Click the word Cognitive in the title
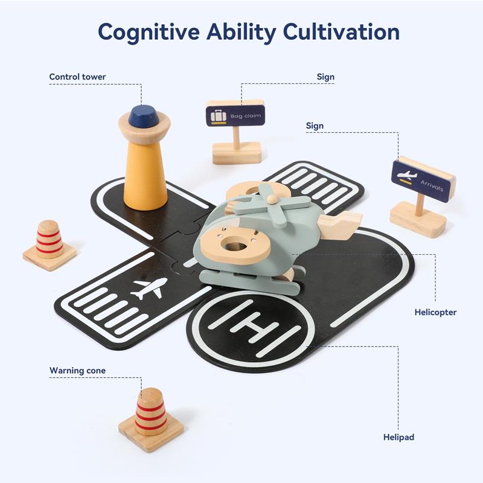149,33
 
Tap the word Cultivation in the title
341,32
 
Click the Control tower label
77,77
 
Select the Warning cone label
78,370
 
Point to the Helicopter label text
435,312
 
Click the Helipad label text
398,437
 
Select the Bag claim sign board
235,116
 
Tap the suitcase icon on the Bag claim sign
219,116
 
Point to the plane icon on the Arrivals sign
406,176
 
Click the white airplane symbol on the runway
150,288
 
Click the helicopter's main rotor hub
271,200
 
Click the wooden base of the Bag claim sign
237,153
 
